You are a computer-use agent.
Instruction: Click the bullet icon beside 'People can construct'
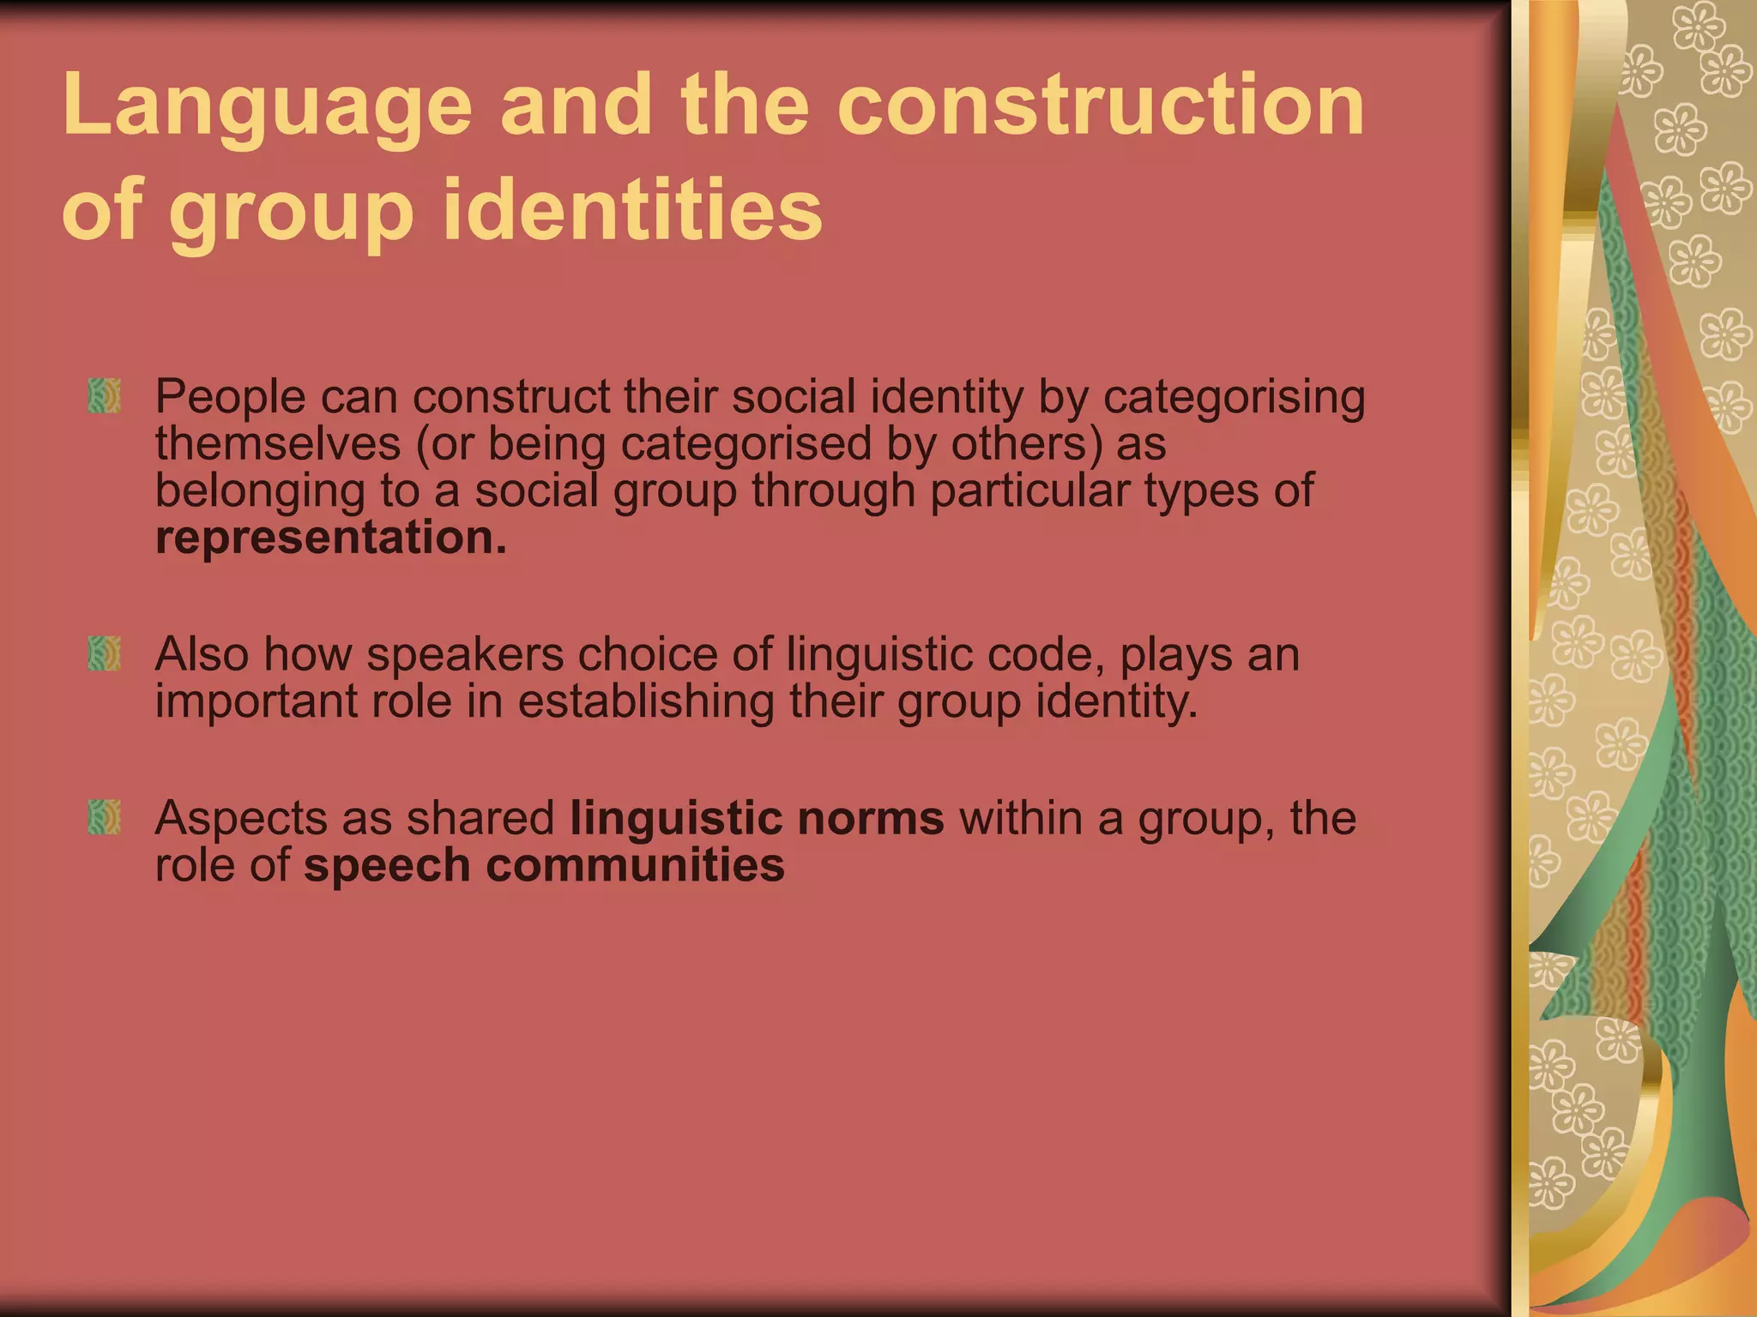(104, 397)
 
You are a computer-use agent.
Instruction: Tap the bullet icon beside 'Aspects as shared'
(104, 818)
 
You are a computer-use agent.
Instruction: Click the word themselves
(278, 444)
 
